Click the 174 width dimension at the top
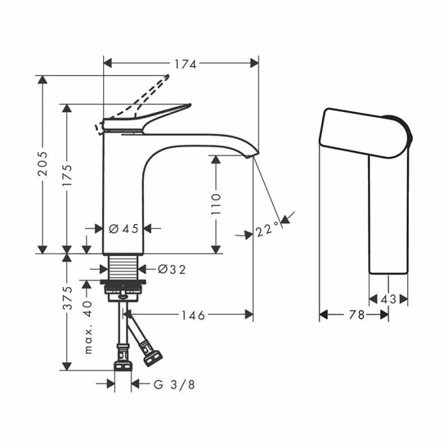(183, 63)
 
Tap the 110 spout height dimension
(216, 203)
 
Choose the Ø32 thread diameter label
(171, 269)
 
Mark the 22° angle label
(267, 230)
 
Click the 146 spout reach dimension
(191, 315)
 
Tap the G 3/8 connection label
(173, 384)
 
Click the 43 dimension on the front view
(388, 299)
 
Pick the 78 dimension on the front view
(357, 315)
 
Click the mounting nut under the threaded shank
(125, 289)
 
